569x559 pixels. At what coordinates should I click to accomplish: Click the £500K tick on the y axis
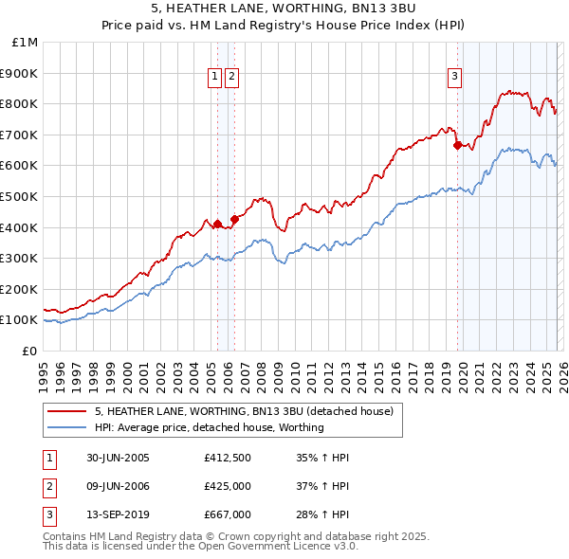(x=19, y=196)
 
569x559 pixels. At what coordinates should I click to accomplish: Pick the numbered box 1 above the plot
(x=216, y=78)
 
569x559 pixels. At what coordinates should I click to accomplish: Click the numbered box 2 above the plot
(x=232, y=78)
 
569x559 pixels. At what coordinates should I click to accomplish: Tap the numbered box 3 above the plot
(x=455, y=78)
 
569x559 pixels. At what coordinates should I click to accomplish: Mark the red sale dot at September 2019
(x=457, y=145)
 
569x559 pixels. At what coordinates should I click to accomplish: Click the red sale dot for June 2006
(x=234, y=219)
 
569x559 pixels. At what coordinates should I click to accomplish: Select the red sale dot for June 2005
(x=217, y=224)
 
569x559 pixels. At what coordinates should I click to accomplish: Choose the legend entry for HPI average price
(x=209, y=427)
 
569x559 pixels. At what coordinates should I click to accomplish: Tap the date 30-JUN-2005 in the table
(x=118, y=458)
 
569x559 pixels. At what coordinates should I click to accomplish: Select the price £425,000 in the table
(x=227, y=486)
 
